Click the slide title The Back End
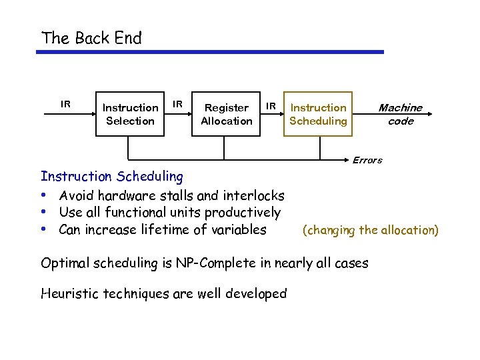tap(91, 38)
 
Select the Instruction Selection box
tap(130, 114)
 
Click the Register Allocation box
tap(226, 114)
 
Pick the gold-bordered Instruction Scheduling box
tap(318, 114)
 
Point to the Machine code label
tap(400, 114)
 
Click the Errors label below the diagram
tap(367, 160)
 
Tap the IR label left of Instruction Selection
tap(65, 104)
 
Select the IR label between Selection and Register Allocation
tap(178, 104)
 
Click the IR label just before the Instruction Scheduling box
tap(271, 105)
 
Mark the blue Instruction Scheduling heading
tap(111, 177)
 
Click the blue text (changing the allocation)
tap(371, 231)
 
